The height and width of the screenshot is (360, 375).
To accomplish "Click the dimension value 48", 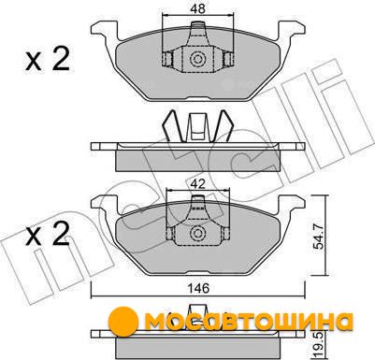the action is pyautogui.click(x=198, y=8).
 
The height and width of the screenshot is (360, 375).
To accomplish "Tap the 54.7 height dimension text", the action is pyautogui.click(x=318, y=238).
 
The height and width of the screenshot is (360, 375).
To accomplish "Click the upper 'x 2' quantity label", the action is pyautogui.click(x=47, y=60).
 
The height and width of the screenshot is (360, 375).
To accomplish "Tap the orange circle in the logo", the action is pyautogui.click(x=123, y=322).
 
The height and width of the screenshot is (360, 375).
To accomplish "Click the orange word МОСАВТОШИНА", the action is pyautogui.click(x=249, y=322).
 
